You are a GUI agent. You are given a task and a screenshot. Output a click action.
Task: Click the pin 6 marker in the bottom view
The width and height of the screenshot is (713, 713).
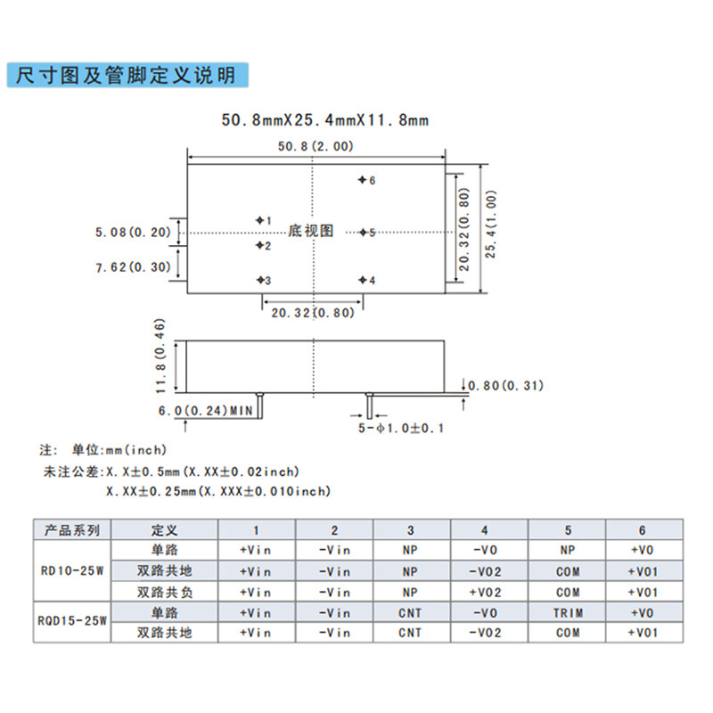pos(362,180)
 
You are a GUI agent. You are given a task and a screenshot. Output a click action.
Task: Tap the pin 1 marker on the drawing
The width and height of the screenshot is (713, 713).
pos(260,219)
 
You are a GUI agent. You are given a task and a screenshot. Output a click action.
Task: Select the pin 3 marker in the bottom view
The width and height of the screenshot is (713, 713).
pos(260,280)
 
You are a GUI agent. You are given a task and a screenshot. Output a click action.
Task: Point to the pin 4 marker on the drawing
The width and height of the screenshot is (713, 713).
pos(362,280)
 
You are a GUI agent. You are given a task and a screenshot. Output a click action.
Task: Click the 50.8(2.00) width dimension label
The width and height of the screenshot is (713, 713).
pos(316,146)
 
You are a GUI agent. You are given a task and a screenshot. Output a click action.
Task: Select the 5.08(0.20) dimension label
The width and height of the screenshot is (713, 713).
pos(132,233)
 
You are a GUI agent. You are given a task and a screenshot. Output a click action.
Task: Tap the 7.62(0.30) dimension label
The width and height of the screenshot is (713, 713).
pos(132,266)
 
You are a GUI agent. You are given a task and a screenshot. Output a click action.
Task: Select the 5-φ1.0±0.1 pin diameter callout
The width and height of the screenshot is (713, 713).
pos(401,428)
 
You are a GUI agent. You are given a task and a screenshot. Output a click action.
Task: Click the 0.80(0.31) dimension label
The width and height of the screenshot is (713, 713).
pos(508,386)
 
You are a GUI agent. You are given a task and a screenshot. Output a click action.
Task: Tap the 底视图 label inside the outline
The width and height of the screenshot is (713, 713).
pos(311,231)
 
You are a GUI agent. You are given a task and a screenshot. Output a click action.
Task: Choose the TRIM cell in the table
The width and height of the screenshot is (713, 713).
pos(568,612)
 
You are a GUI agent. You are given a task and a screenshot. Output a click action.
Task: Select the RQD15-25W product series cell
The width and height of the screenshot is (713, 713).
pos(75,622)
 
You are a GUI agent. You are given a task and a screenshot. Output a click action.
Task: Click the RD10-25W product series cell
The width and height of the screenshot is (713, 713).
pos(75,570)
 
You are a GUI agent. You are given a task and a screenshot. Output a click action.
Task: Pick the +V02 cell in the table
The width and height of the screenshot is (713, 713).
pos(485,592)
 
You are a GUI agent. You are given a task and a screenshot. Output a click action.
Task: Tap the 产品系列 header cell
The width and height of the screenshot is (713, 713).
pos(75,529)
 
